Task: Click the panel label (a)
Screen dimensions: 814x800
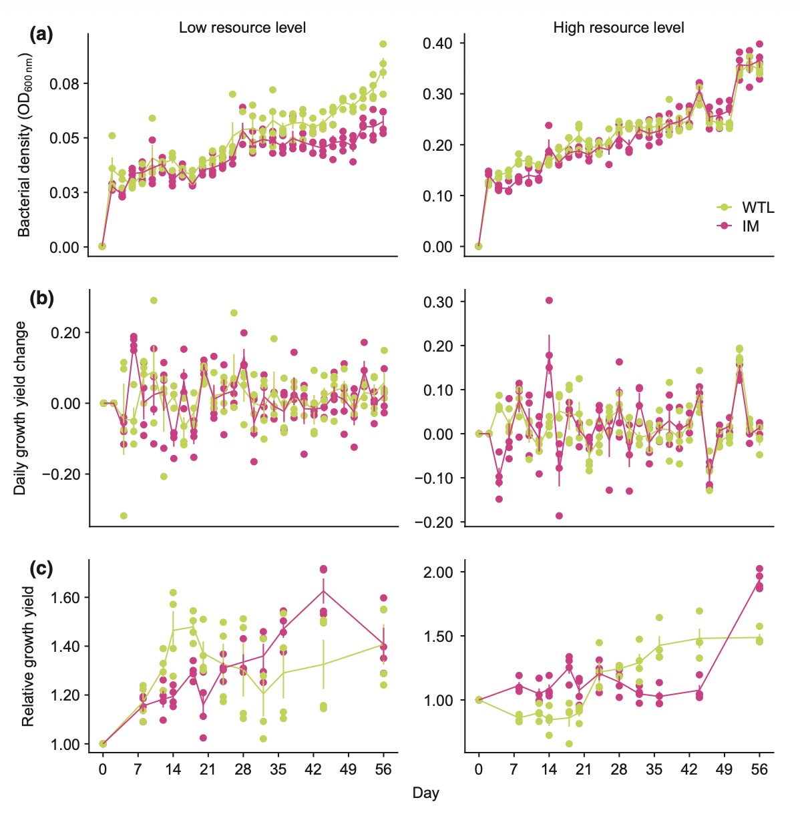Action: (x=41, y=34)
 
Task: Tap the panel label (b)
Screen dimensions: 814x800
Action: (x=41, y=298)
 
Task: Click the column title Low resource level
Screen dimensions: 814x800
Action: (x=242, y=27)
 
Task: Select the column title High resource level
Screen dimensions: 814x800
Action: (x=618, y=27)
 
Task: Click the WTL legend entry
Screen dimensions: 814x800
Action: (x=757, y=208)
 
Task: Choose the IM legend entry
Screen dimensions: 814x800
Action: (x=750, y=226)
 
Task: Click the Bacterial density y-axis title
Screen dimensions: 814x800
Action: (x=25, y=147)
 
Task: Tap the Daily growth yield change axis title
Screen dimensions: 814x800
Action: (x=21, y=408)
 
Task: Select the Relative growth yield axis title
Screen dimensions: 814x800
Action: (x=27, y=657)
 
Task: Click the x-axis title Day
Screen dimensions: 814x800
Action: (x=425, y=793)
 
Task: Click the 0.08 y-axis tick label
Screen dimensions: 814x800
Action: (x=64, y=84)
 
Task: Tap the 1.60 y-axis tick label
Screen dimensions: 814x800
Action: (x=64, y=598)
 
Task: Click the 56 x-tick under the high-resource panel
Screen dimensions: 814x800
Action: (x=759, y=769)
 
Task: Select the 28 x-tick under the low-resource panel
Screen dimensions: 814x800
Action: (x=243, y=769)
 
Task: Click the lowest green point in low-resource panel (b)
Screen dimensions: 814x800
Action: (x=124, y=516)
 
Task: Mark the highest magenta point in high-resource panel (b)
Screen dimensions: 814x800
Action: (x=549, y=300)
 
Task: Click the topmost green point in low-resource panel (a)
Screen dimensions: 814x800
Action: (x=383, y=44)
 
